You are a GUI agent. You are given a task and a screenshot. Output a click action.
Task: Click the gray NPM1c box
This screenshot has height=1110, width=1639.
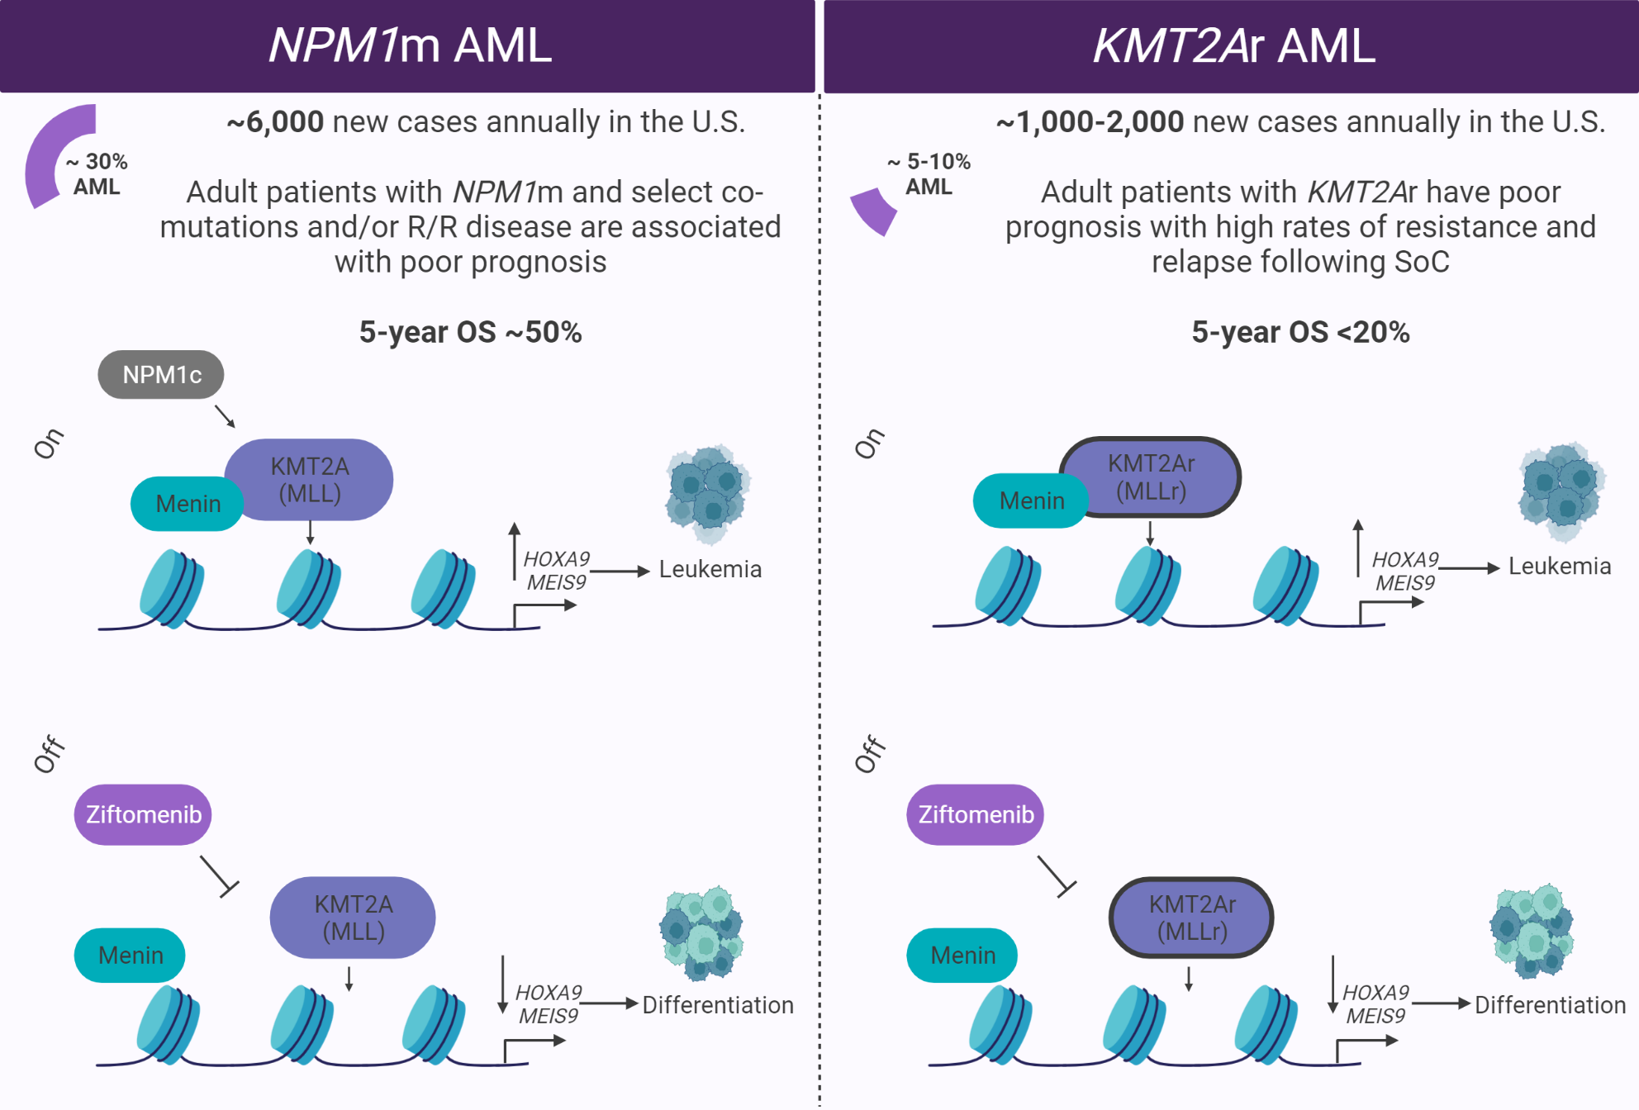click(161, 375)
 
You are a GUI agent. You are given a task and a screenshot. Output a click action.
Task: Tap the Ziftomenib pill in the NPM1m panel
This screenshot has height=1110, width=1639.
click(143, 814)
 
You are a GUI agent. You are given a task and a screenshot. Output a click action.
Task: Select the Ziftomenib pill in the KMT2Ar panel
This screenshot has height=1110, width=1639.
click(976, 814)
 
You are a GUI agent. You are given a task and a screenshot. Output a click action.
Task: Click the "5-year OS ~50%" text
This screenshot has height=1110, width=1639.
click(470, 332)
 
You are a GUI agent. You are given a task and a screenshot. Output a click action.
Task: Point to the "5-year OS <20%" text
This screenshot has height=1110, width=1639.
click(1300, 332)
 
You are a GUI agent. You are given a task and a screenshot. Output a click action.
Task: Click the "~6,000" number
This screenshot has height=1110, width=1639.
click(276, 122)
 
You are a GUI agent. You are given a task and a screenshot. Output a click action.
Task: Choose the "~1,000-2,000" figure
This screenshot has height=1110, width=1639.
click(1090, 122)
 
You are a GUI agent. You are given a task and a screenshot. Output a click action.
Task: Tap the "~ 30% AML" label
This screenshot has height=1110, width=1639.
click(97, 173)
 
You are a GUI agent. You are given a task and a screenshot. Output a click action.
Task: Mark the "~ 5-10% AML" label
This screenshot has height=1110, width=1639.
click(929, 173)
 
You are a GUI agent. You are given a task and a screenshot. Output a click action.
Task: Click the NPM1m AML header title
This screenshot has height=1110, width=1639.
click(410, 45)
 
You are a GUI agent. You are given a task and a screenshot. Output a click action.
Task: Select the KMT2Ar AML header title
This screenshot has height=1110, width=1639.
click(1234, 45)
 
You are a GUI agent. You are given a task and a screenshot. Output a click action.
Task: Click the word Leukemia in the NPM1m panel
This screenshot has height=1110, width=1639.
click(710, 569)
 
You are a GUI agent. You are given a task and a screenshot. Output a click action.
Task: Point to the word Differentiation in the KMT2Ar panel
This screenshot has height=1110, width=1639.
click(1550, 1005)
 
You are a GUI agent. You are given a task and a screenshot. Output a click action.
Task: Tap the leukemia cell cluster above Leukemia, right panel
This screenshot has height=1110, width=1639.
click(1561, 490)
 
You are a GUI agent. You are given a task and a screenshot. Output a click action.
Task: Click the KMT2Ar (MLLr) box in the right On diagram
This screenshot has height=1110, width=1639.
click(1152, 477)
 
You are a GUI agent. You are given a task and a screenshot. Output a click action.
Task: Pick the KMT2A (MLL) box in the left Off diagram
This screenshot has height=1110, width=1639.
click(354, 918)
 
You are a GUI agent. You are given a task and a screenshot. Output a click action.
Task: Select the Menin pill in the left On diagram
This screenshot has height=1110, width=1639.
click(188, 504)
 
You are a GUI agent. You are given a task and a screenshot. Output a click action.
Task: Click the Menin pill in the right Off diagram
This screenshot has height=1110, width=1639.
click(962, 956)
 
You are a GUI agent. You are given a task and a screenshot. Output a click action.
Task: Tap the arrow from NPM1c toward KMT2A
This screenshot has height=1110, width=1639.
click(225, 415)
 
